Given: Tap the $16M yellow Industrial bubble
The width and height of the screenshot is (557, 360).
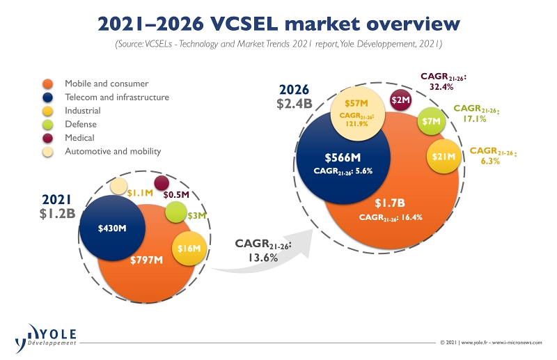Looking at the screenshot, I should pyautogui.click(x=189, y=248).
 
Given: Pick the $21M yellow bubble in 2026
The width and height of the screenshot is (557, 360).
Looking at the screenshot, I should pyautogui.click(x=444, y=157).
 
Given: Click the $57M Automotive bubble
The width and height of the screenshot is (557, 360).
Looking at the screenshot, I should pyautogui.click(x=357, y=111).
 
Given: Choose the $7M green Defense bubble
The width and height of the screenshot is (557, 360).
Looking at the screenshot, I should pyautogui.click(x=432, y=122).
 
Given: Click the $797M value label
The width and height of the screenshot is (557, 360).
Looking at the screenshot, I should pyautogui.click(x=147, y=260).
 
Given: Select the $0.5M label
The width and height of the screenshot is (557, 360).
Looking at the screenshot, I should pyautogui.click(x=176, y=195).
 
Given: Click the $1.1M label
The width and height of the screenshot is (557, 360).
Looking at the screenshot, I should pyautogui.click(x=139, y=193).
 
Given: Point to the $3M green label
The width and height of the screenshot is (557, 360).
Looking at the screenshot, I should pyautogui.click(x=197, y=216).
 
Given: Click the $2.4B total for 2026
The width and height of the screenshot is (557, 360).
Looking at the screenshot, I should pyautogui.click(x=295, y=105).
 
